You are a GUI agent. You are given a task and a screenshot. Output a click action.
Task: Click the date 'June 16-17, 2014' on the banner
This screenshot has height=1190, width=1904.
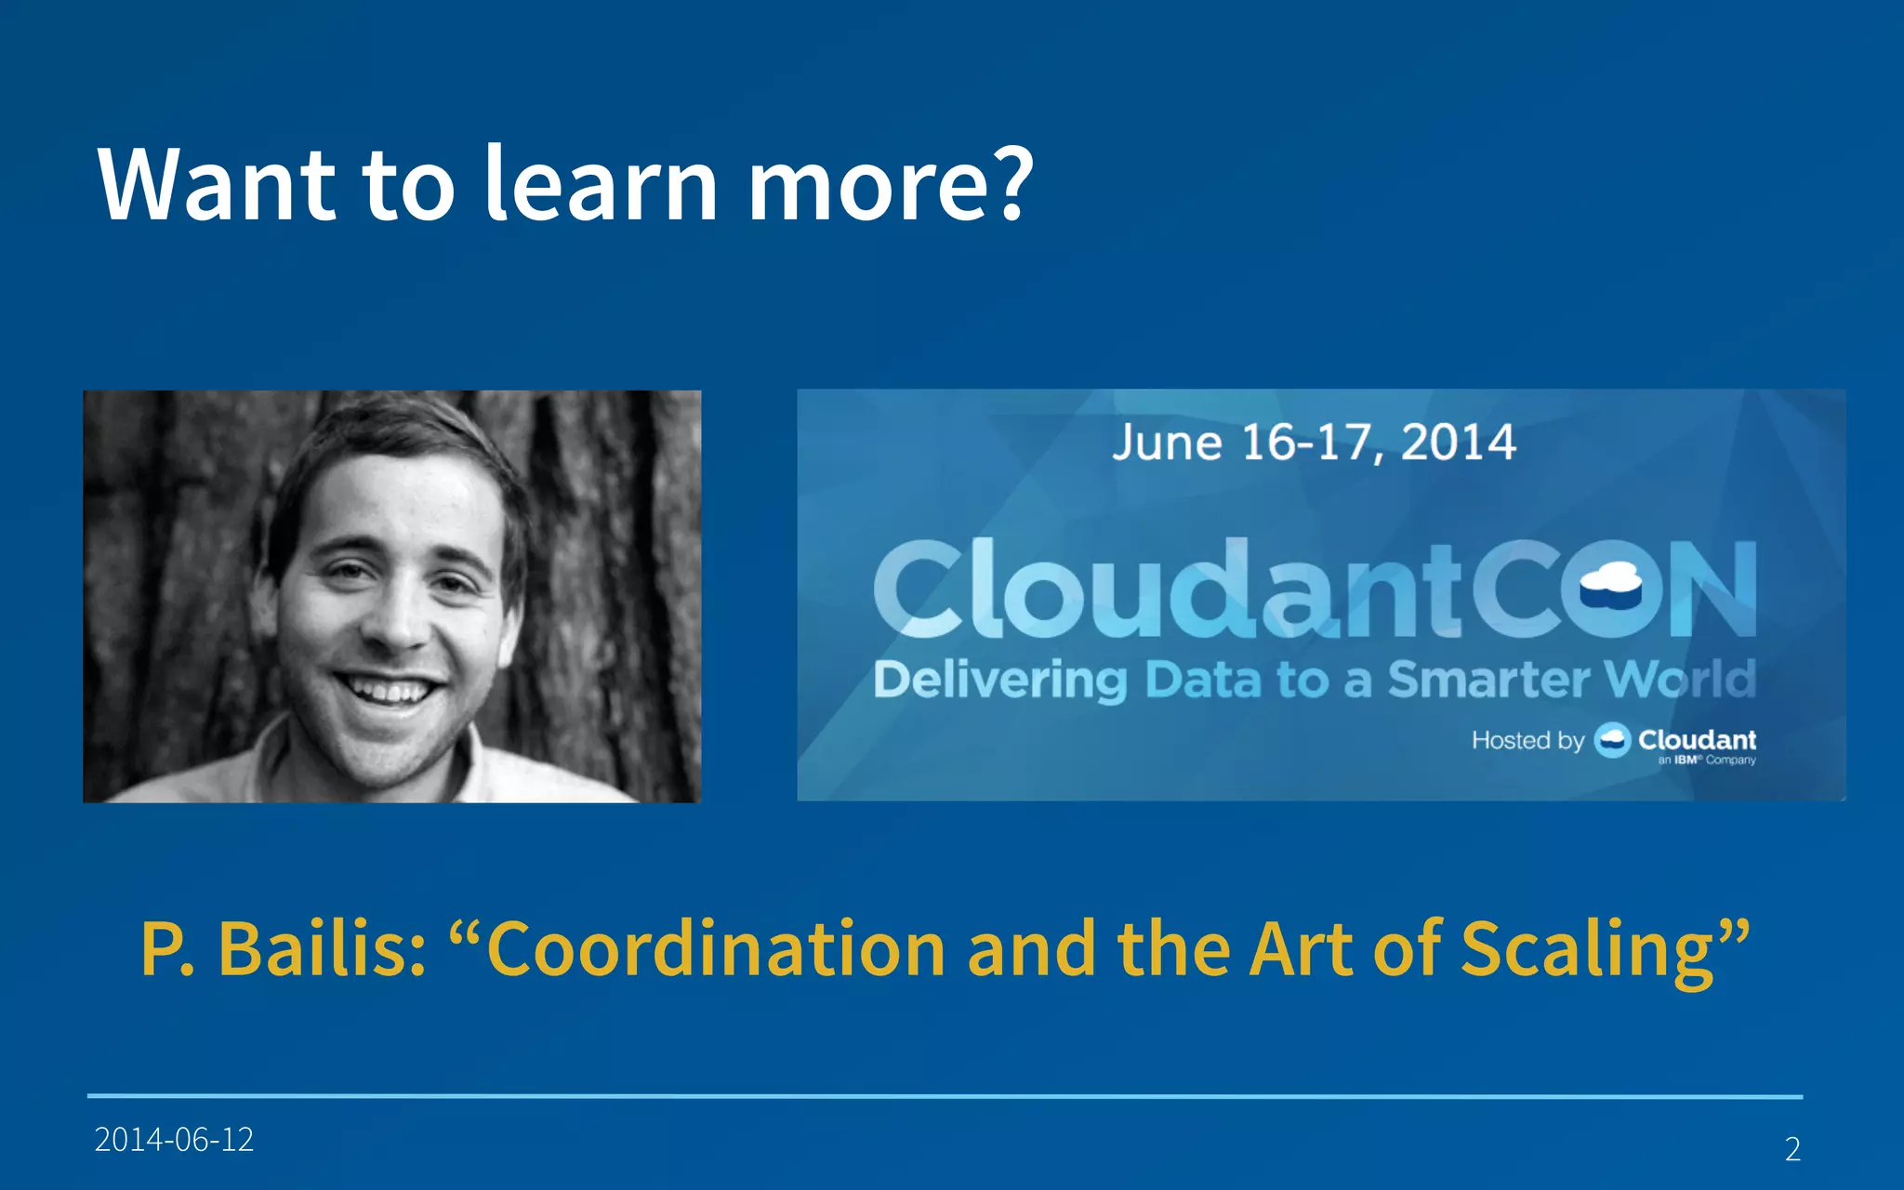[x=1314, y=443]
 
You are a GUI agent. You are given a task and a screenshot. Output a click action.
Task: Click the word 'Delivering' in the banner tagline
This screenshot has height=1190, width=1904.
[x=999, y=681]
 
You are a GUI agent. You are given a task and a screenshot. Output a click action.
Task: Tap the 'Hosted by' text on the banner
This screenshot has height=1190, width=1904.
[x=1527, y=740]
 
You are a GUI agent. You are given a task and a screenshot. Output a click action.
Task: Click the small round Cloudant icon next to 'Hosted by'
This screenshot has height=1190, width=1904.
[x=1612, y=740]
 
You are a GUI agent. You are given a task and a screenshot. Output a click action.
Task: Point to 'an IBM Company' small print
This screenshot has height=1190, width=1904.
[x=1707, y=760]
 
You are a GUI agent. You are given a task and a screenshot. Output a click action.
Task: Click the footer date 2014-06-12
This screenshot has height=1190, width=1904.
[x=174, y=1140]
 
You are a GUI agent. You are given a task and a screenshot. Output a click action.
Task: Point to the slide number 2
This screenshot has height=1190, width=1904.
[x=1792, y=1149]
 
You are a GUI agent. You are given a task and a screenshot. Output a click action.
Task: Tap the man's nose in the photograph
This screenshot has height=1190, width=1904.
[x=400, y=623]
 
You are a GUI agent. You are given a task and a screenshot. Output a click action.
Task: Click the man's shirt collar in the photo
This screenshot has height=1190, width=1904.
[x=270, y=753]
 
